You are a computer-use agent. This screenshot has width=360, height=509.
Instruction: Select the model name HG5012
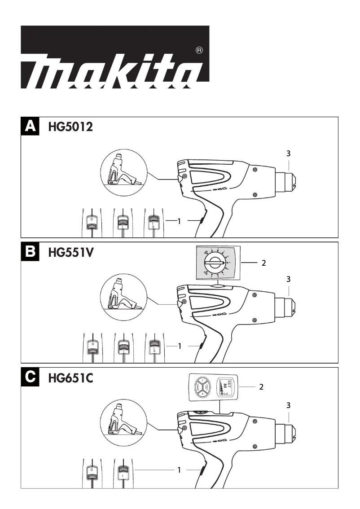pyautogui.click(x=70, y=127)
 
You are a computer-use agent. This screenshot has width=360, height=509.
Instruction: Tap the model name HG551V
pyautogui.click(x=70, y=253)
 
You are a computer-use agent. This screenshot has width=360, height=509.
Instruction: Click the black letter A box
pyautogui.click(x=31, y=126)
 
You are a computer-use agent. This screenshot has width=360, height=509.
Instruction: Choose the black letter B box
pyautogui.click(x=31, y=252)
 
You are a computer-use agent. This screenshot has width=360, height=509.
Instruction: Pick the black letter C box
pyautogui.click(x=31, y=377)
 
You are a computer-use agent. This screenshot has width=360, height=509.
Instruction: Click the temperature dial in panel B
pyautogui.click(x=215, y=263)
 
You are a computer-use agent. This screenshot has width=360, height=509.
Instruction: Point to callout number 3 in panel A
pyautogui.click(x=289, y=154)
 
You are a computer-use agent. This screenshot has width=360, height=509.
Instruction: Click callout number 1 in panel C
pyautogui.click(x=179, y=470)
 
